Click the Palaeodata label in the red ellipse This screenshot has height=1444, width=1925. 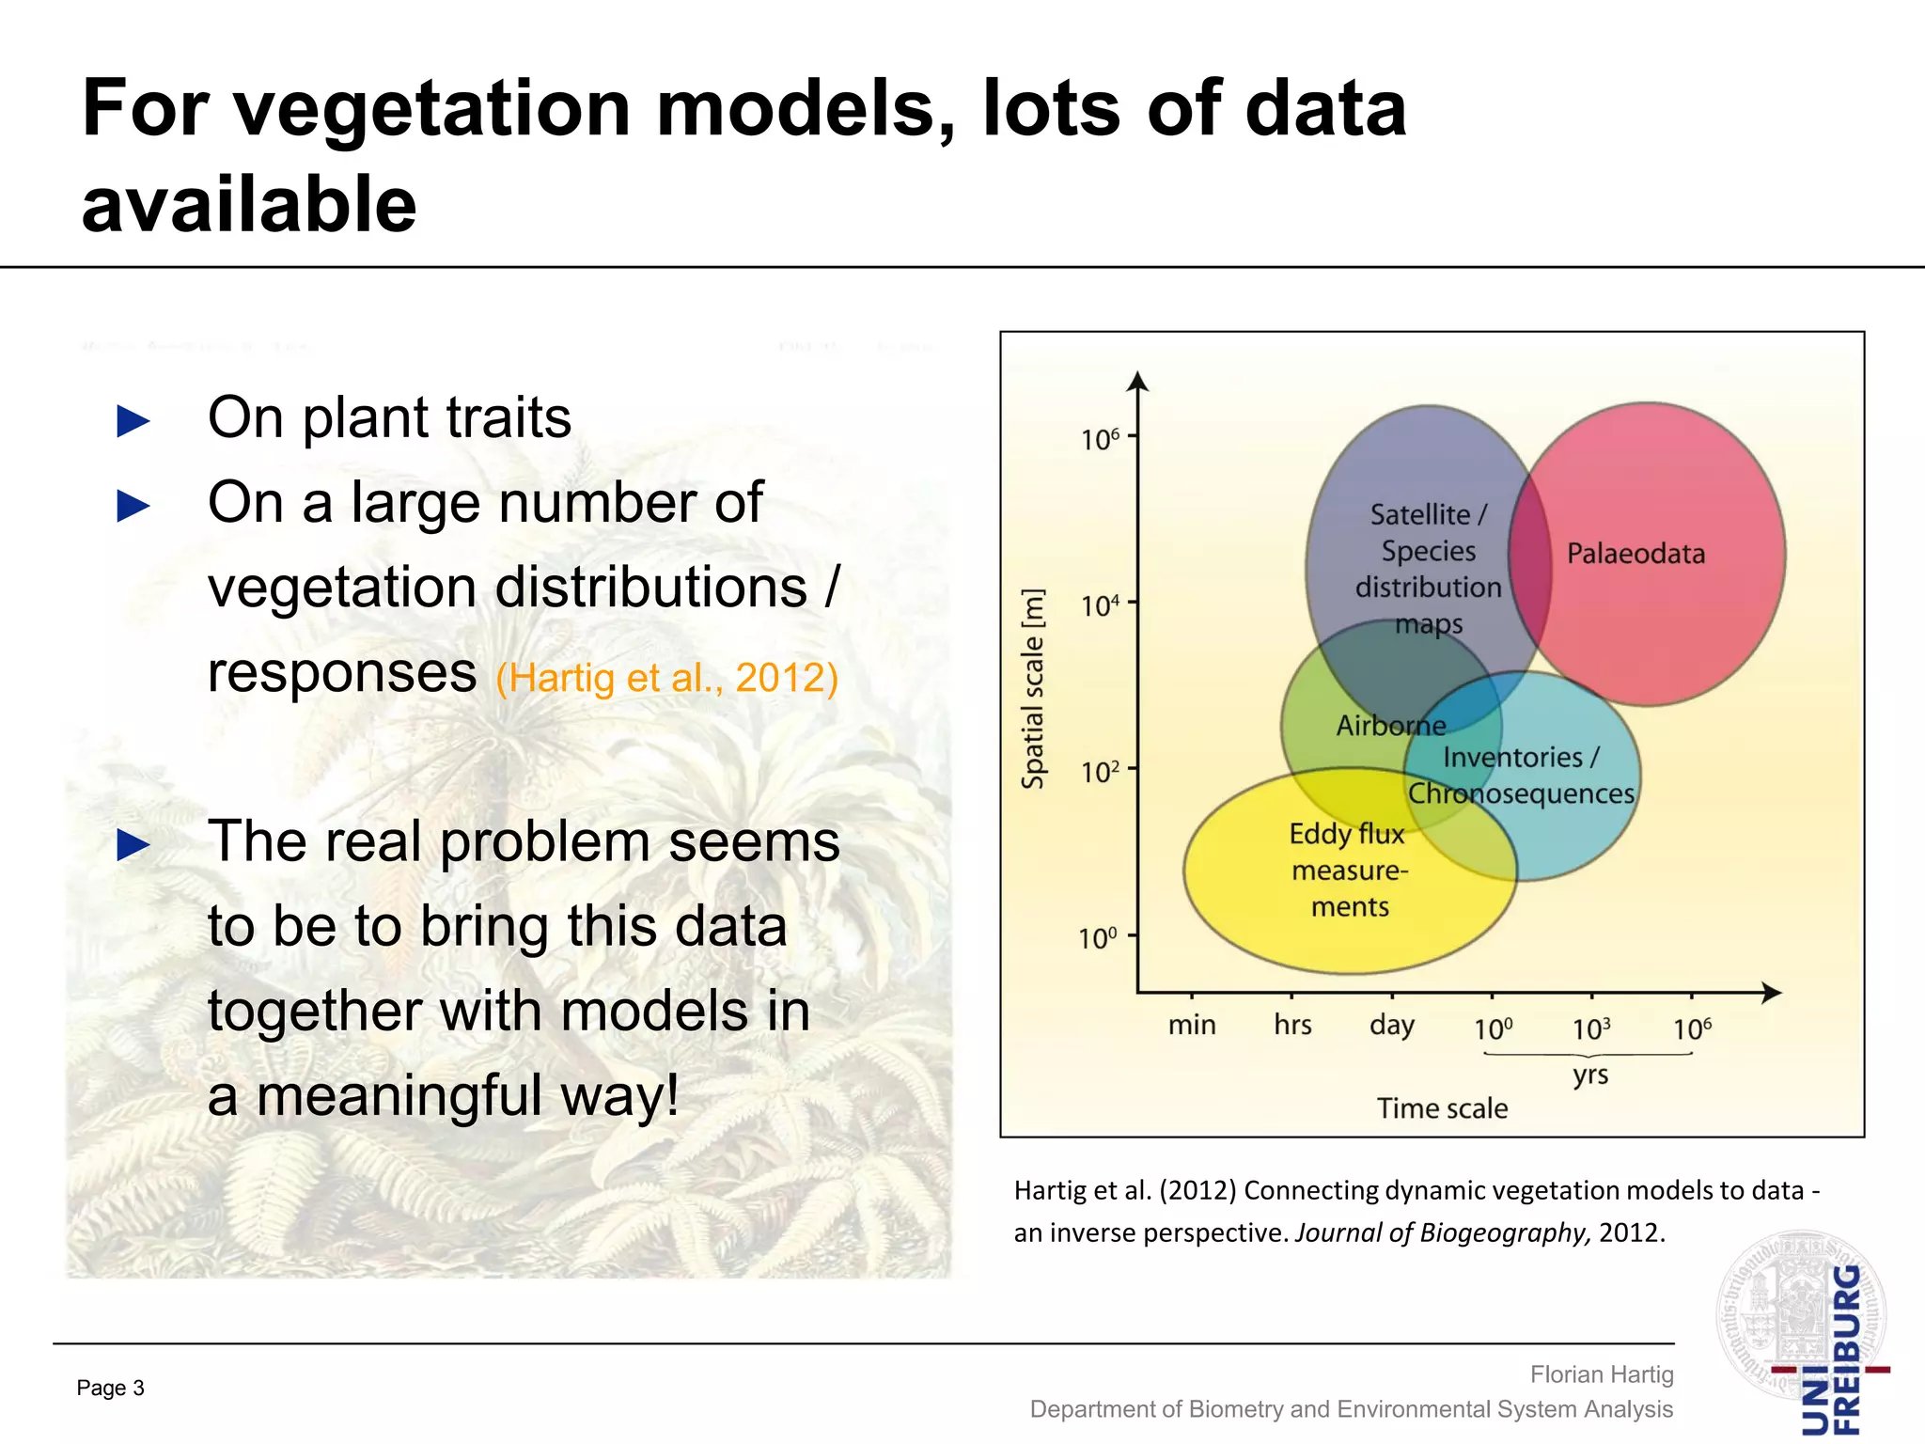1635,554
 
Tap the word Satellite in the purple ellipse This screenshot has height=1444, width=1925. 1419,515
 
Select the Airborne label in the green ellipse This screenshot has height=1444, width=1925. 1391,726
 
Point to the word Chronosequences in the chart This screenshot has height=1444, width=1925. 1521,793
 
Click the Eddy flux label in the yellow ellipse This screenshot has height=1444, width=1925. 1346,834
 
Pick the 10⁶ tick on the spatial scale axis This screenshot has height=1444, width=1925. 1100,439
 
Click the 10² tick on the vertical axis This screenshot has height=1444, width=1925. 1100,772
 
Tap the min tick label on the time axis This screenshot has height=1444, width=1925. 1192,1025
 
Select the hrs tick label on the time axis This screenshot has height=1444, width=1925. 1292,1025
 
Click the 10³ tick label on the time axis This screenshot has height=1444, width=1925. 1591,1028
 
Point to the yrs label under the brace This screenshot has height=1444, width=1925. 1590,1074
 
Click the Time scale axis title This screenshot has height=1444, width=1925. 1442,1108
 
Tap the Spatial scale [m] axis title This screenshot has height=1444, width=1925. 1033,689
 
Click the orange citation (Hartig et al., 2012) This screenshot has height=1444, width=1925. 666,678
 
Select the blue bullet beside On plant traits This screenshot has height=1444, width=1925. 133,421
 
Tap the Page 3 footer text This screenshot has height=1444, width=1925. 110,1388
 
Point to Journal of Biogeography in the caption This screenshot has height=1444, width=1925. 1441,1232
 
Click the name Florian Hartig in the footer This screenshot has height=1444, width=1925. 1602,1374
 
